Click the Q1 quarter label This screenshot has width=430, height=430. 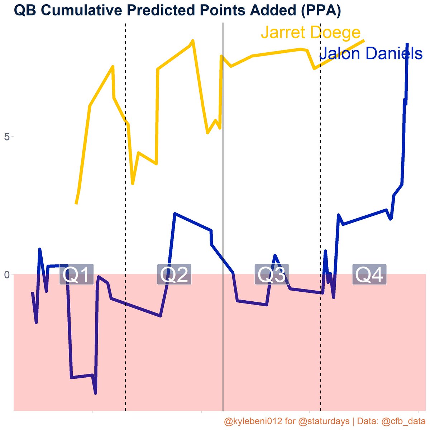point(76,275)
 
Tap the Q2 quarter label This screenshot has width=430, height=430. point(174,275)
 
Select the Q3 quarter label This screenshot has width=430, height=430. point(272,275)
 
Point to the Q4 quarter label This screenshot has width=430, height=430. point(369,275)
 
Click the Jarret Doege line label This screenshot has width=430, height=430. point(310,33)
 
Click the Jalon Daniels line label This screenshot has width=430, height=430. point(371,54)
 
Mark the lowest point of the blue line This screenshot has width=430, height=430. point(95,393)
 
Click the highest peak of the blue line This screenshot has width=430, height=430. point(407,44)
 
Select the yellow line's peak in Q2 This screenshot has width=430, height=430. point(193,41)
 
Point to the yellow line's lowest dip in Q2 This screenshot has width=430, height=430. point(133,183)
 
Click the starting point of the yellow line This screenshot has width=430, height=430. point(76,204)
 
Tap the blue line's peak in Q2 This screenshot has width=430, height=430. point(175,214)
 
